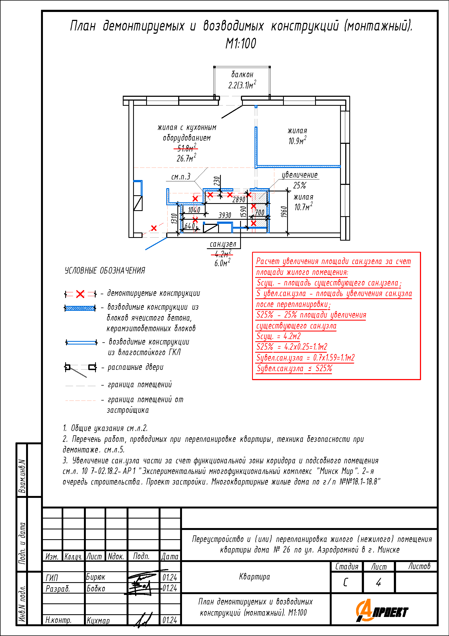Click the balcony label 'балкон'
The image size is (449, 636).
tap(242, 75)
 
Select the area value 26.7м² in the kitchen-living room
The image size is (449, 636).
tap(186, 158)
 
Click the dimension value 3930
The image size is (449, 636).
tap(225, 215)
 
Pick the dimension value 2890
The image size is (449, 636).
tap(238, 199)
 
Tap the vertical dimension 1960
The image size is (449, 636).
tap(284, 212)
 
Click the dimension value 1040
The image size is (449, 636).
tap(194, 210)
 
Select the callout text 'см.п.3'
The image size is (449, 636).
tap(181, 177)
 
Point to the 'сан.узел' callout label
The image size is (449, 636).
tap(223, 244)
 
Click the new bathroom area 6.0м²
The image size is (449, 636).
tap(222, 263)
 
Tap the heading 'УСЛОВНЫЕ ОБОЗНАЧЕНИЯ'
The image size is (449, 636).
tap(105, 271)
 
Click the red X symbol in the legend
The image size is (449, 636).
tap(80, 294)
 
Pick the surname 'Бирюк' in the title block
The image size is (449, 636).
tap(96, 577)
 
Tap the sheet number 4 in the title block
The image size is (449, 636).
tap(378, 582)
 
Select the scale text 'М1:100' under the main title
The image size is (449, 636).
tap(241, 44)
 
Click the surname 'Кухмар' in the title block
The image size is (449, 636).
tap(98, 621)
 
